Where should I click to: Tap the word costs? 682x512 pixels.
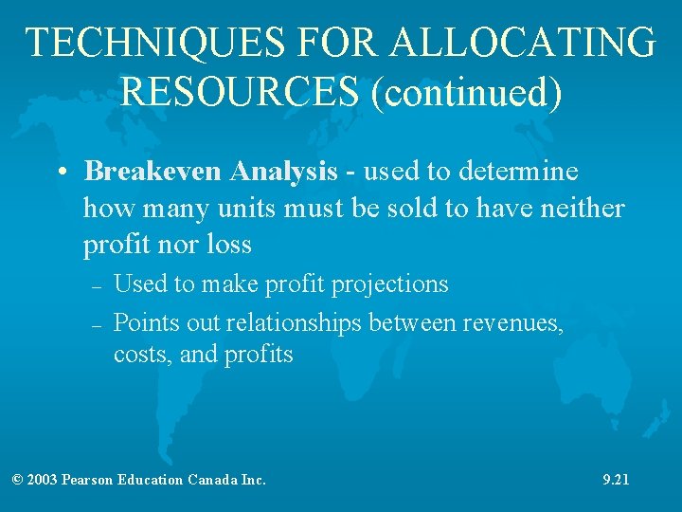pos(137,355)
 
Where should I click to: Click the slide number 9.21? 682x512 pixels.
pos(616,480)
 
